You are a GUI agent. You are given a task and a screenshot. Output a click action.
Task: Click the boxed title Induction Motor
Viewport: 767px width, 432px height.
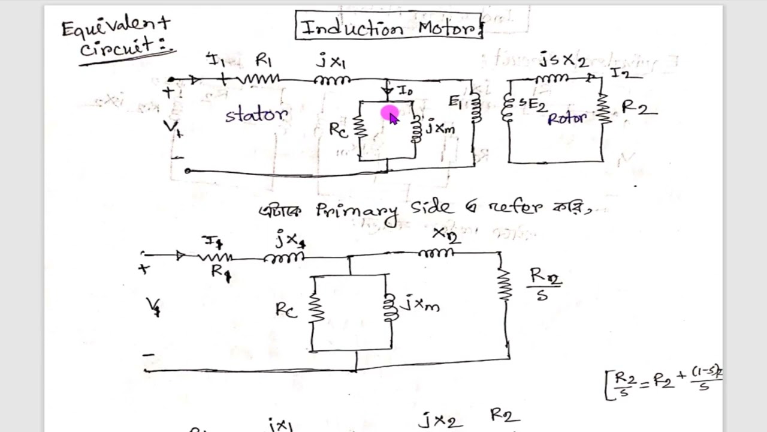(388, 26)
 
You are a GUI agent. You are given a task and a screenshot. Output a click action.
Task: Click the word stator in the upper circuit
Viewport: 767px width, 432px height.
(256, 115)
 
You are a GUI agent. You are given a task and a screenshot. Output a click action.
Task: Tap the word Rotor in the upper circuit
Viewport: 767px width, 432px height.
(566, 118)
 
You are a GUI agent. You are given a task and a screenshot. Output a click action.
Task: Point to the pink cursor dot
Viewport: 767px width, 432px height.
(389, 112)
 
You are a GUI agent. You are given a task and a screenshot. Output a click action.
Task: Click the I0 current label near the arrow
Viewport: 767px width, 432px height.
(406, 91)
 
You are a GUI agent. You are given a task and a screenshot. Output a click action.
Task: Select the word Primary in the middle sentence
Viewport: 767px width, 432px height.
(357, 210)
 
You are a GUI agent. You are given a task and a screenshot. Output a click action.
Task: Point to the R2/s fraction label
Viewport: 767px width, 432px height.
(544, 283)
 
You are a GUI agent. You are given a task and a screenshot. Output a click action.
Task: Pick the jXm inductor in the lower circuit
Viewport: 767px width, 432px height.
(390, 308)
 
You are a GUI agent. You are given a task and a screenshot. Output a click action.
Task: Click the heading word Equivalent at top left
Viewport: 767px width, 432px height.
(115, 27)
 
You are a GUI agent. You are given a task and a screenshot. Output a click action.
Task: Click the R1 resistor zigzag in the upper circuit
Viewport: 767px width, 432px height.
(259, 78)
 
